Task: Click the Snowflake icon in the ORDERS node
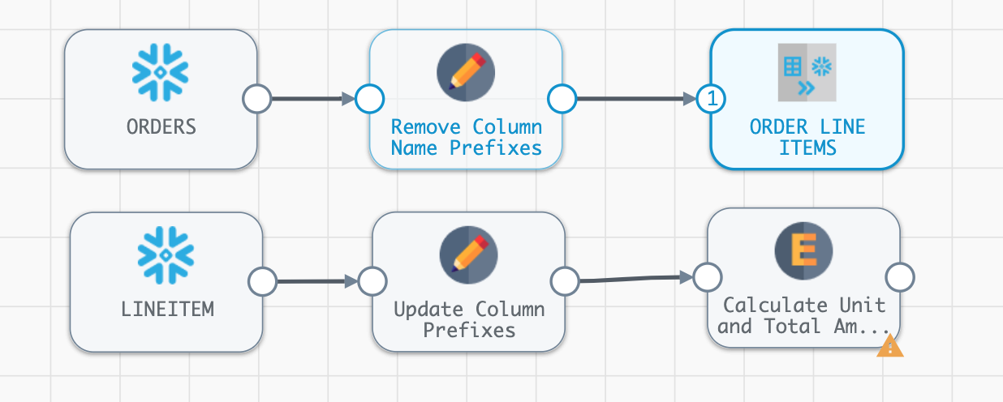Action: pyautogui.click(x=161, y=71)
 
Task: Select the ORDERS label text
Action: pyautogui.click(x=161, y=127)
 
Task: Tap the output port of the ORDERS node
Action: pyautogui.click(x=257, y=99)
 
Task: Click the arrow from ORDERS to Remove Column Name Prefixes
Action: pyautogui.click(x=312, y=99)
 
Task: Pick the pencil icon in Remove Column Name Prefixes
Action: pyautogui.click(x=466, y=72)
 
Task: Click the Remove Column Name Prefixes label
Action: pyautogui.click(x=466, y=138)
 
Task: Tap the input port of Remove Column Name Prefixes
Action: pyautogui.click(x=370, y=99)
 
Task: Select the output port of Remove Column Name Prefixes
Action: pyautogui.click(x=562, y=99)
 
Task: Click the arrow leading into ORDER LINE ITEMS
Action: pyautogui.click(x=633, y=99)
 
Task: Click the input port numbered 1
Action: pyautogui.click(x=712, y=99)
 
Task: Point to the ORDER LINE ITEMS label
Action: pyautogui.click(x=807, y=138)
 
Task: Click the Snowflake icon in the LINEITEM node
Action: pyautogui.click(x=166, y=253)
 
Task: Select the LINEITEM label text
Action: pyautogui.click(x=166, y=309)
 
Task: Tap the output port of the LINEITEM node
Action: pyautogui.click(x=262, y=282)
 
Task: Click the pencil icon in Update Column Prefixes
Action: pyautogui.click(x=468, y=254)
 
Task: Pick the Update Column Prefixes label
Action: pyautogui.click(x=468, y=320)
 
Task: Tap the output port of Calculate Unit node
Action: pyautogui.click(x=900, y=277)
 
